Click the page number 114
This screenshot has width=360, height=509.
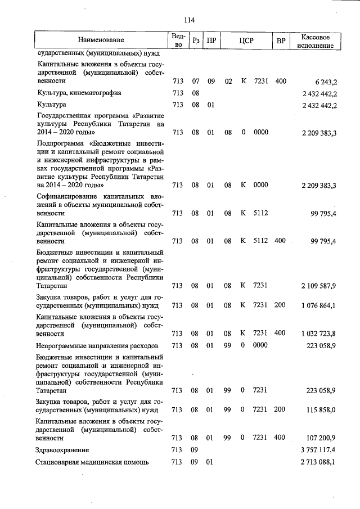coord(188,20)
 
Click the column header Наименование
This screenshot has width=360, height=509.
coord(101,40)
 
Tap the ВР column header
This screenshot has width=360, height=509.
coord(281,40)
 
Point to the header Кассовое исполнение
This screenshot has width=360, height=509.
coord(319,40)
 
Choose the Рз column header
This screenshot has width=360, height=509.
coord(196,40)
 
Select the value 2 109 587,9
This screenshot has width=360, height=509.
coord(319,286)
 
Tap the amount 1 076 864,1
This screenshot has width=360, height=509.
coord(319,305)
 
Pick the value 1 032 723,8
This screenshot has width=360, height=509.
coord(319,334)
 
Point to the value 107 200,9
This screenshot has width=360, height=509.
coord(322,438)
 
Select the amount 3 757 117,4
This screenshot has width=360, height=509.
coord(319,451)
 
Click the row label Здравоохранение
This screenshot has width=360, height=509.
coord(62,451)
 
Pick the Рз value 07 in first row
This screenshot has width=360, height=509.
coord(196,82)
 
